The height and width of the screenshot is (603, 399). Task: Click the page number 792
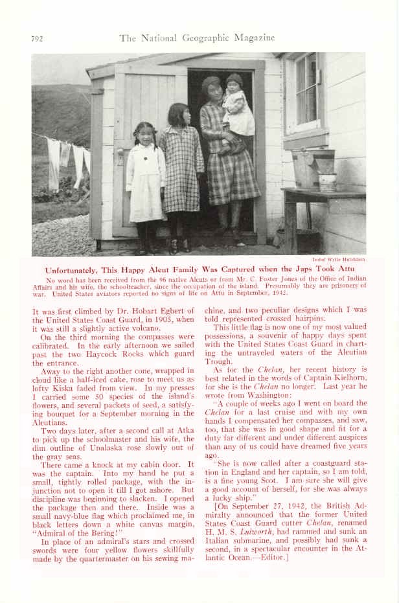pos(38,39)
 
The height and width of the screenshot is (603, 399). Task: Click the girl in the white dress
pos(145,181)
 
